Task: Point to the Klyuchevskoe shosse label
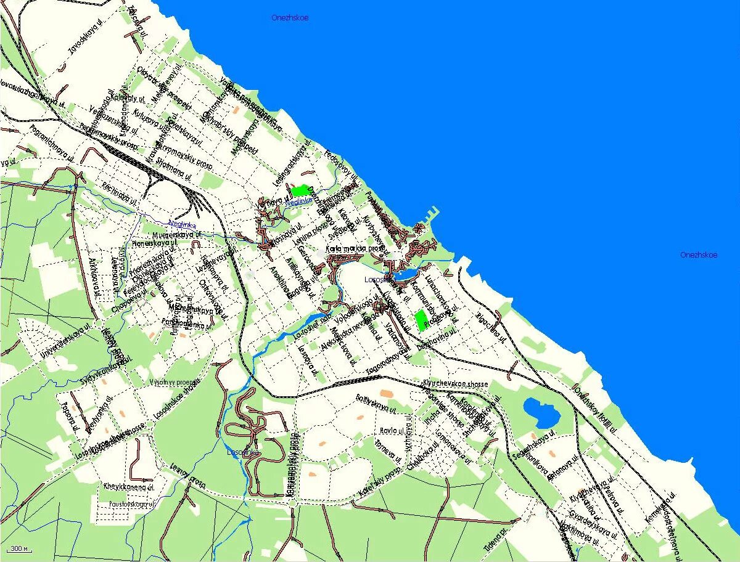(455, 384)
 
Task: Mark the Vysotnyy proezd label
(171, 382)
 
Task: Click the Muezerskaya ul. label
(177, 235)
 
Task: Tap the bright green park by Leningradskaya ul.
(301, 191)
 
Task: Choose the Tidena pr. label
(495, 527)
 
